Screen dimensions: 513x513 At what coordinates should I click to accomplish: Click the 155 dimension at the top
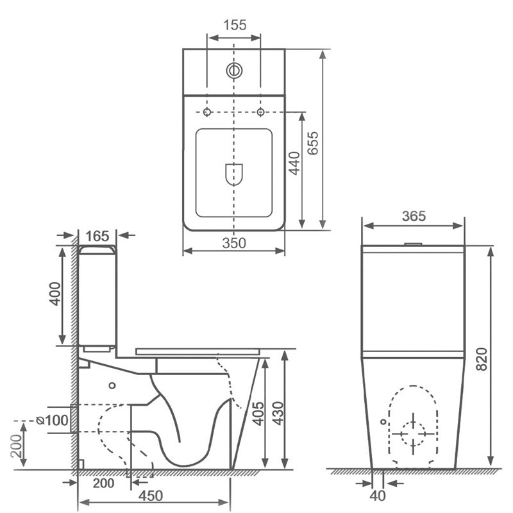pyautogui.click(x=234, y=25)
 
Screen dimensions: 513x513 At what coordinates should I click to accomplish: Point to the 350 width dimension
pyautogui.click(x=233, y=242)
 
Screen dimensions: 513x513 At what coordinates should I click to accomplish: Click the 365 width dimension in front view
pyautogui.click(x=414, y=216)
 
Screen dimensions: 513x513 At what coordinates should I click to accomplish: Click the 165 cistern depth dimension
pyautogui.click(x=97, y=236)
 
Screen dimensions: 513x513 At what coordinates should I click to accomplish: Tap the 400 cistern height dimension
pyautogui.click(x=55, y=294)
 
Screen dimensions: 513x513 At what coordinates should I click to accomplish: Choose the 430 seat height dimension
pyautogui.click(x=276, y=412)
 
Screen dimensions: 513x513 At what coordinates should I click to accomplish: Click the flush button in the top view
pyautogui.click(x=234, y=70)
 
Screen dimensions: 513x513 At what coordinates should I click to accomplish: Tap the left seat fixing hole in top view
pyautogui.click(x=207, y=113)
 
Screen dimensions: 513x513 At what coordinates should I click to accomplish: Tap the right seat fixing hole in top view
pyautogui.click(x=261, y=113)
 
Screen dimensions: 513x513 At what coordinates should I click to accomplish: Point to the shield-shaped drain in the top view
pyautogui.click(x=235, y=174)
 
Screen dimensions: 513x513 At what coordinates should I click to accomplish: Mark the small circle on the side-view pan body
pyautogui.click(x=113, y=385)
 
